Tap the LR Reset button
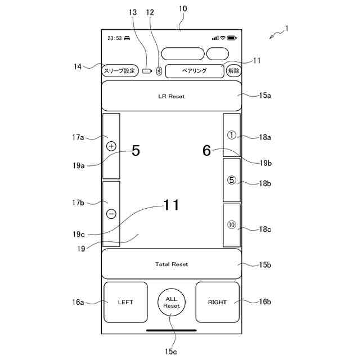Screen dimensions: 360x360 coord(172,96)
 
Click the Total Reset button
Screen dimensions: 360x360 coord(172,264)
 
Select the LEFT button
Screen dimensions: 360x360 coord(125,302)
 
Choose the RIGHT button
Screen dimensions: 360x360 coord(217,302)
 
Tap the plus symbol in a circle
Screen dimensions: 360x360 coord(111,146)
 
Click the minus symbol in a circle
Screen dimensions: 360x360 coord(111,214)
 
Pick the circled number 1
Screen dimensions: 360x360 coord(232,135)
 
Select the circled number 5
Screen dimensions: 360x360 coord(232,181)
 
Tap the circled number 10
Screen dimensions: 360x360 coord(232,225)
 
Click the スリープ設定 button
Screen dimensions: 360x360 coord(119,71)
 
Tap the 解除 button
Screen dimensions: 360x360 coord(233,71)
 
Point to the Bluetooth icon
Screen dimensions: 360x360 coord(159,71)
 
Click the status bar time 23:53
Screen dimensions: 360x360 coord(114,38)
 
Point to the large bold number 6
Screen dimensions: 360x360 coord(206,151)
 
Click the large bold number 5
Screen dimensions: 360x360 coord(136,151)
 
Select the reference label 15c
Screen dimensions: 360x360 coord(172,351)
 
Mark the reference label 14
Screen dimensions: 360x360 coord(78,67)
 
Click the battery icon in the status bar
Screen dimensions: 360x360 coord(232,38)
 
